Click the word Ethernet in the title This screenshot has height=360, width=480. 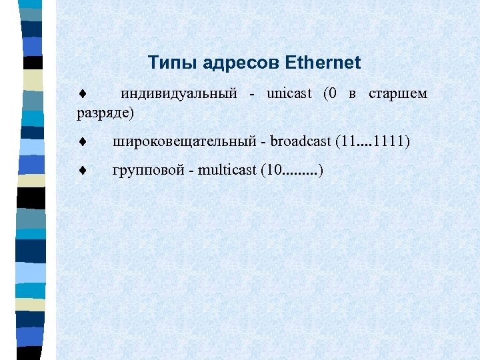(323, 63)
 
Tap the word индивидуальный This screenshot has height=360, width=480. (179, 94)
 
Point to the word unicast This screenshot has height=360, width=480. (289, 94)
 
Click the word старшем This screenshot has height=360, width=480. (398, 94)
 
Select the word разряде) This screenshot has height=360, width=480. (105, 113)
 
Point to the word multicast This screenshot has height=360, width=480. (226, 171)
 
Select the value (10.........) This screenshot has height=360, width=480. (292, 171)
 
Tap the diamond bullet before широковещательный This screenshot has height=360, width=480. (81, 142)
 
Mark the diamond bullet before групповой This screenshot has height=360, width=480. (81, 171)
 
